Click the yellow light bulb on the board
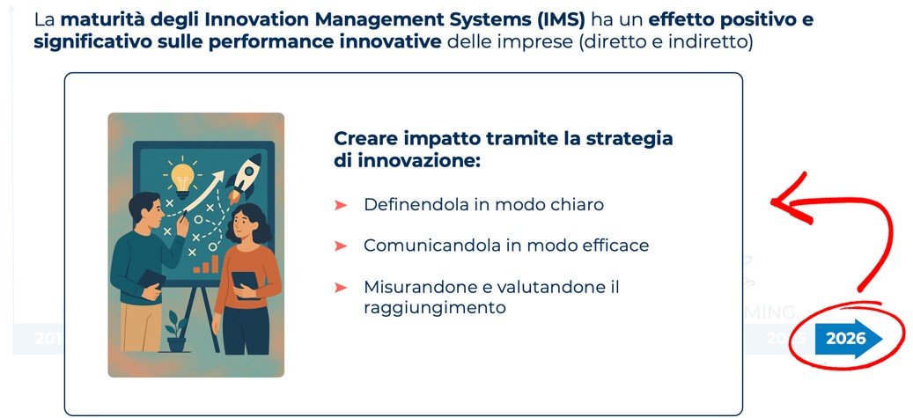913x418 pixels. click(x=181, y=176)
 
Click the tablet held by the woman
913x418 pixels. click(x=246, y=285)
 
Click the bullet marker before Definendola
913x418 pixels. click(x=341, y=205)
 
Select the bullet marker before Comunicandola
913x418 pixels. click(x=341, y=246)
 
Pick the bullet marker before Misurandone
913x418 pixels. click(x=341, y=287)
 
